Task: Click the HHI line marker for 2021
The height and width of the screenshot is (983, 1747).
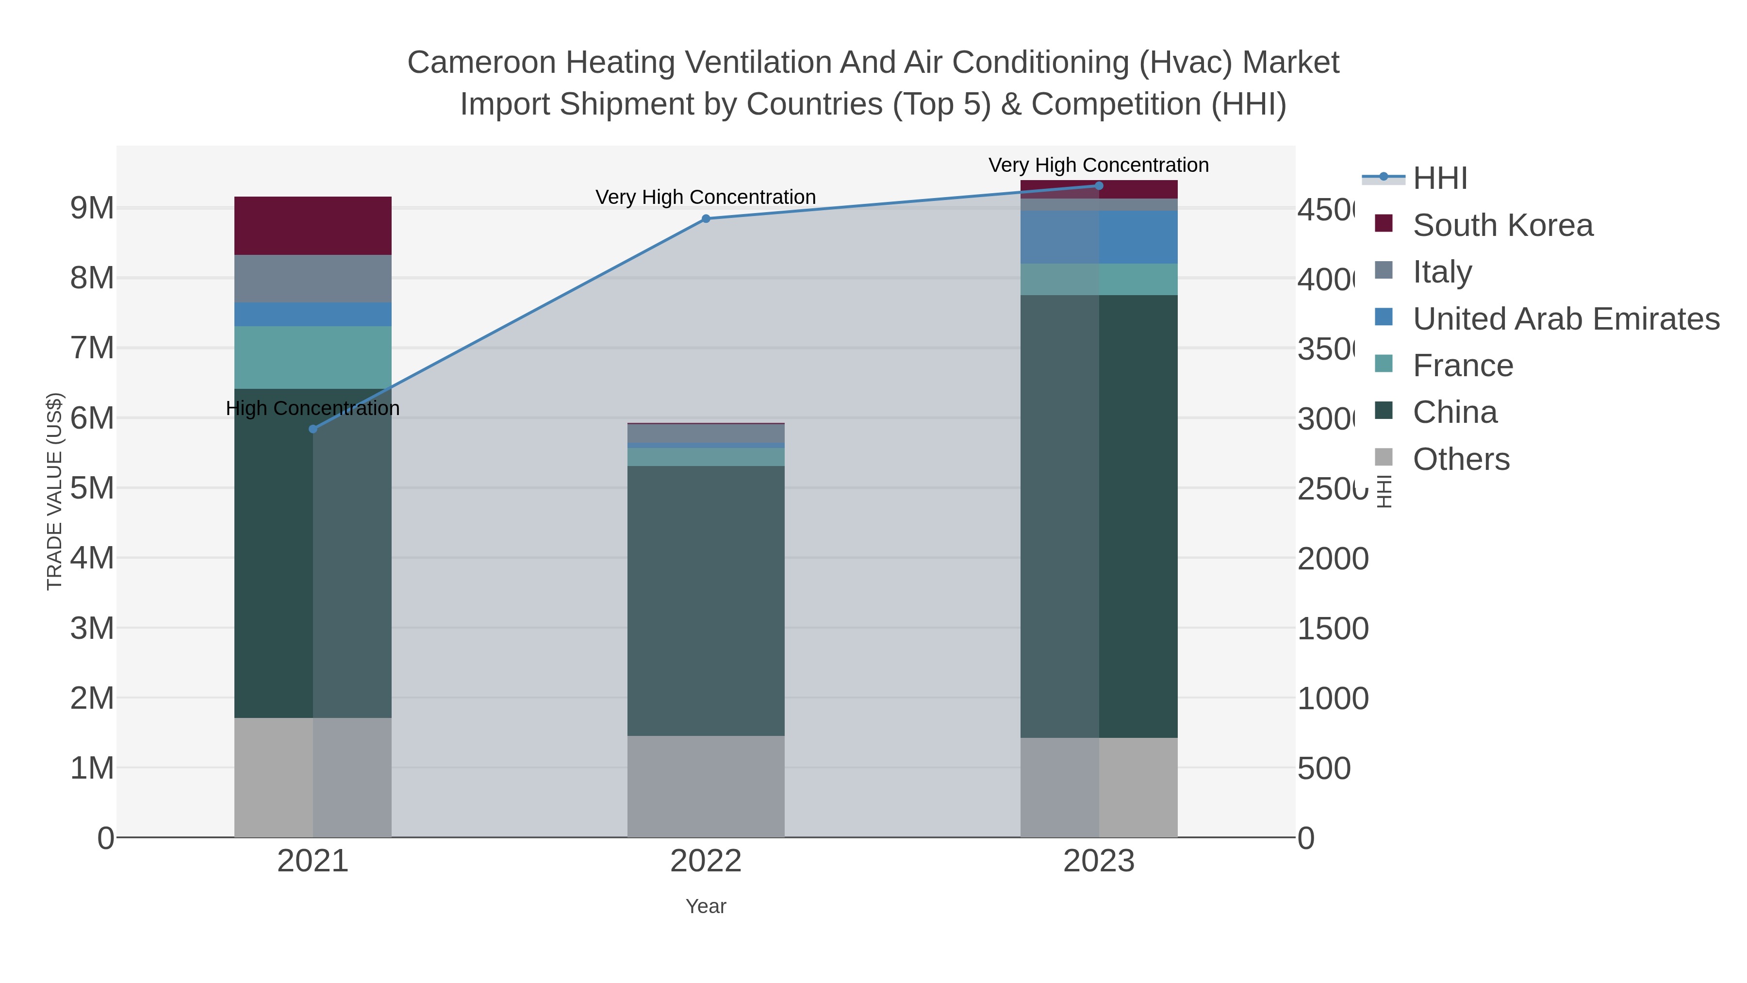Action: click(x=313, y=429)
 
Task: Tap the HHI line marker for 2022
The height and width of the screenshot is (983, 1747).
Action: click(x=706, y=218)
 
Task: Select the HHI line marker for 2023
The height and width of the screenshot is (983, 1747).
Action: click(x=1099, y=186)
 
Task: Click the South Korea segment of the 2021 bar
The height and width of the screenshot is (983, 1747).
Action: click(x=313, y=226)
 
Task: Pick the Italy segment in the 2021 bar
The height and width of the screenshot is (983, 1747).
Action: click(x=313, y=279)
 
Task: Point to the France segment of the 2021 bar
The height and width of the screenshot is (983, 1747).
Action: click(x=313, y=357)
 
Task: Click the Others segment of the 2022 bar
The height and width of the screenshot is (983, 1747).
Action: click(x=706, y=786)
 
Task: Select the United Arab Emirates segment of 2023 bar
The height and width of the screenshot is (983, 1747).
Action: click(x=1099, y=237)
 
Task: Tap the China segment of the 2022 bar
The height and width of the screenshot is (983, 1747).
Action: click(x=706, y=600)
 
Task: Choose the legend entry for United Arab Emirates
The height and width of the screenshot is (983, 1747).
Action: click(x=1565, y=319)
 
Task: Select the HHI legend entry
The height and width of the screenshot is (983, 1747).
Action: click(x=1440, y=179)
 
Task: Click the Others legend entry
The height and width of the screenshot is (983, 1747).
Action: click(x=1461, y=459)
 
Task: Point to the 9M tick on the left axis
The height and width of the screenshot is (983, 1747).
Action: click(x=92, y=208)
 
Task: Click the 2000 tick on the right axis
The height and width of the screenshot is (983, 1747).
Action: click(x=1333, y=559)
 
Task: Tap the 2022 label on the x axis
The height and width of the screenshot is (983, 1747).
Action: click(x=706, y=861)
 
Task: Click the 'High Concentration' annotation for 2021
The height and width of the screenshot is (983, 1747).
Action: click(x=313, y=408)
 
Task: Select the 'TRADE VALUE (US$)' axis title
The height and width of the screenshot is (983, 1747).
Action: click(x=54, y=491)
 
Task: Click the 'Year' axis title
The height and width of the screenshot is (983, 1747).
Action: click(x=706, y=906)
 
